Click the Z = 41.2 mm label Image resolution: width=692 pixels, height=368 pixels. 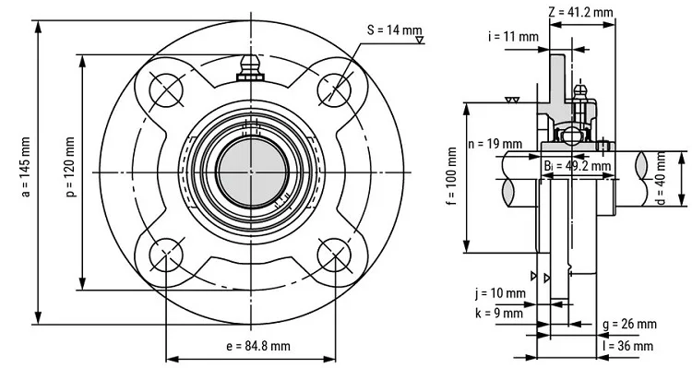[x=580, y=12]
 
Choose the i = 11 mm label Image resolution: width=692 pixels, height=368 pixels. [x=513, y=37]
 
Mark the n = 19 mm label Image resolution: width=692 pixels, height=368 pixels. [x=495, y=144]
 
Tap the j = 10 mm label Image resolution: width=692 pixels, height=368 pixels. [x=501, y=294]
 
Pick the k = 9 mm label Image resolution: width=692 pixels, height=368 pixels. [x=499, y=314]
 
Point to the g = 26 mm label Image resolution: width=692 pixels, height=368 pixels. [x=629, y=324]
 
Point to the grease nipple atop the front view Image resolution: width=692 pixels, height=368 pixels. [x=249, y=65]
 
